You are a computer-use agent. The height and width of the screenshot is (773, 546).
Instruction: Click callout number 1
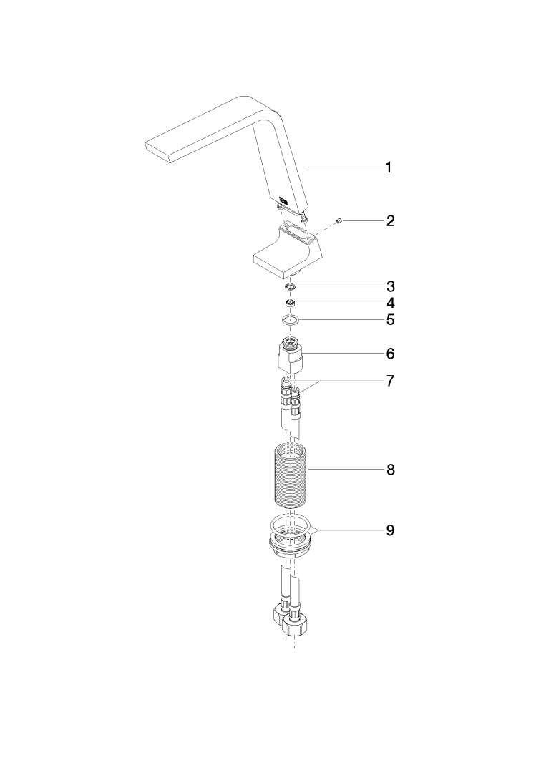(389, 167)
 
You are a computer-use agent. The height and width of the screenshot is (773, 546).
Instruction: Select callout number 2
(390, 220)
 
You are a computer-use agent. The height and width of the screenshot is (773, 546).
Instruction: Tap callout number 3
(390, 286)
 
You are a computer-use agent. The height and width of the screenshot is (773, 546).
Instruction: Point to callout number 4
(390, 303)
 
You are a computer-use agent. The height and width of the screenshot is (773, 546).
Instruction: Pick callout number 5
(390, 320)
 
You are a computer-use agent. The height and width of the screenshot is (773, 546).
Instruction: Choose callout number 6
(390, 354)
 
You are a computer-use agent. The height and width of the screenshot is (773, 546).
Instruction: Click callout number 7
(390, 381)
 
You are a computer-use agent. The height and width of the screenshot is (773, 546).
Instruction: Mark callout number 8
(390, 470)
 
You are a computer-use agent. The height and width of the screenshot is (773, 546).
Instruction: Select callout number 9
(390, 530)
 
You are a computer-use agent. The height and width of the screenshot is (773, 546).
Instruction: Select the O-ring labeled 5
(291, 321)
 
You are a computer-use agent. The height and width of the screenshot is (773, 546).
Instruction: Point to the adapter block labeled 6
(289, 355)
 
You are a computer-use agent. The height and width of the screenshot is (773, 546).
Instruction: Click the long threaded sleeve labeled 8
(291, 475)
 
